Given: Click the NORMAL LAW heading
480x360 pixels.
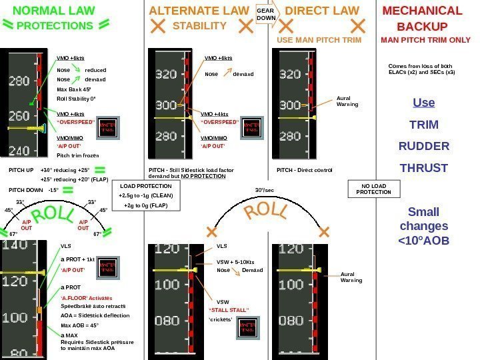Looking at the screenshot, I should [54, 11].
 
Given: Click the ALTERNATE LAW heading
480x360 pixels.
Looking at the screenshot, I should [199, 11].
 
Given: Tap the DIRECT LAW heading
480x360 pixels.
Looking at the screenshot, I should [322, 11].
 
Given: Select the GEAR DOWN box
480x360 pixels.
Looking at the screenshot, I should [266, 15].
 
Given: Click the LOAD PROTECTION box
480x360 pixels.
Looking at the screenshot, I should [145, 196].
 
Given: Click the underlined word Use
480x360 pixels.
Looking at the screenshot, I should [424, 103].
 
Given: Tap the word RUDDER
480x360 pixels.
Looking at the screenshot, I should [424, 146].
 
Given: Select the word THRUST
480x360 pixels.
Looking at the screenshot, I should [424, 168].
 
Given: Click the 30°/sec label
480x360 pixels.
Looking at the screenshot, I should [265, 190].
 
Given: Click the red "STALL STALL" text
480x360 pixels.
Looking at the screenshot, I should [229, 310].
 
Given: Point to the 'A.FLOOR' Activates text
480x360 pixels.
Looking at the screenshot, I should [87, 297].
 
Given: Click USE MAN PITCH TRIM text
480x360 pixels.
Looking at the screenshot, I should [319, 40].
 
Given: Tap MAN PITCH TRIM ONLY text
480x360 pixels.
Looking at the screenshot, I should [425, 40].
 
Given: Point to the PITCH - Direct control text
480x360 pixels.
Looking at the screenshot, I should [304, 170].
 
